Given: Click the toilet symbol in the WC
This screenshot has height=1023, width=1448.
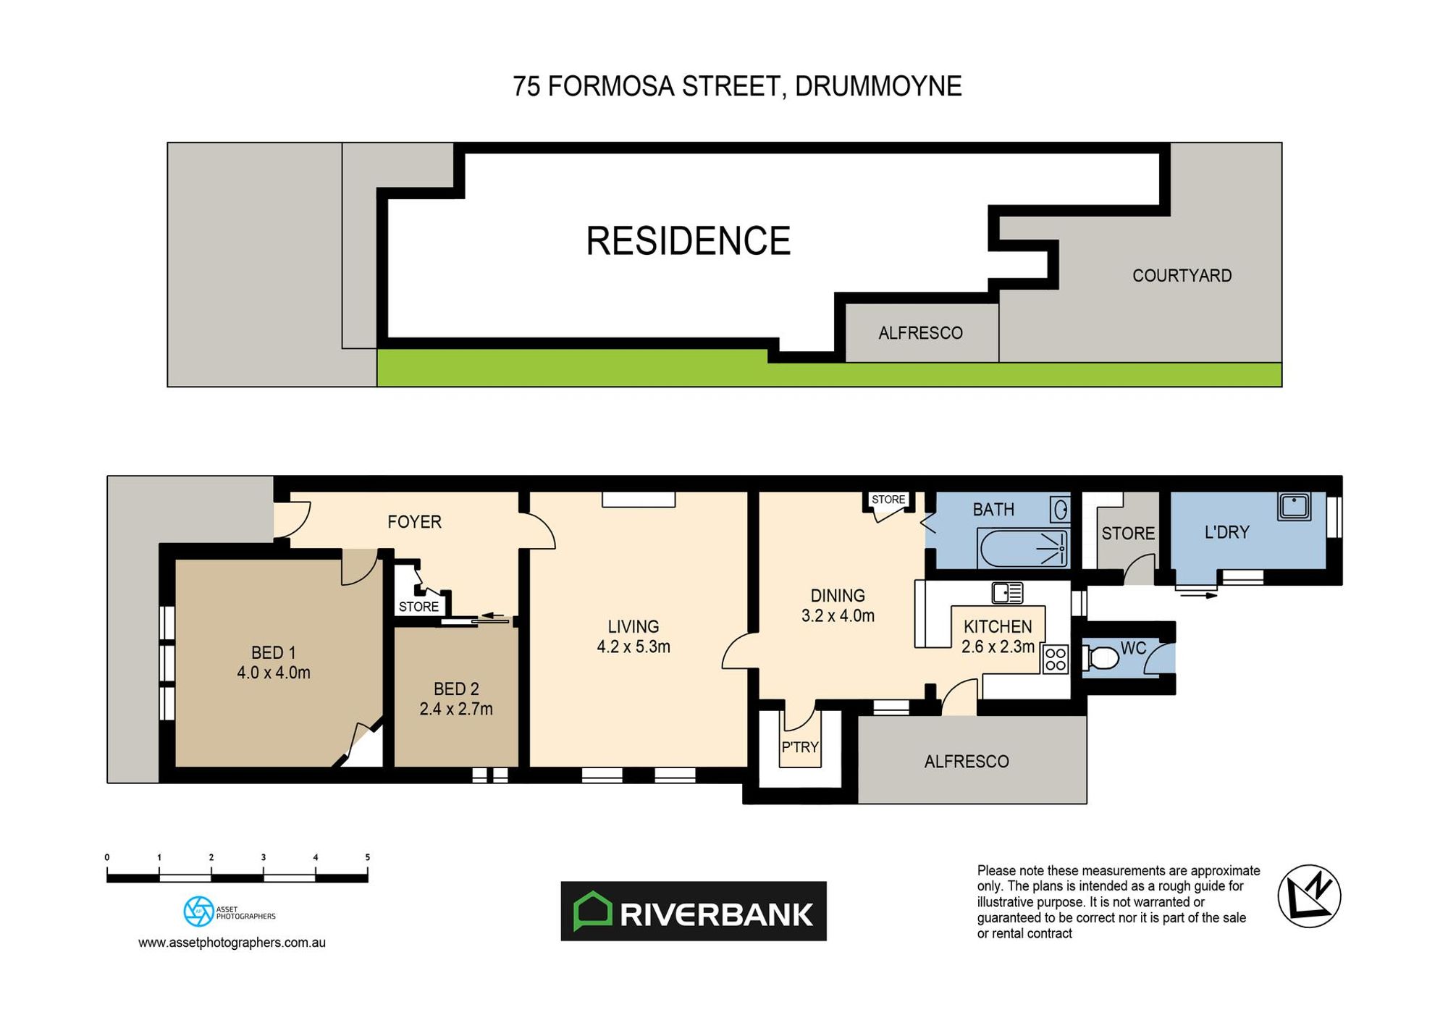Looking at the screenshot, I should pos(1101,658).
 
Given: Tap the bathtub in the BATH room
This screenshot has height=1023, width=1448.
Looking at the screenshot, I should pos(1022,549).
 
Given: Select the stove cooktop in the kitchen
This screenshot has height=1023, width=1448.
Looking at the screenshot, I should pos(1056,660).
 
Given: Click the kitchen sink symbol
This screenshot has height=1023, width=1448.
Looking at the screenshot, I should pos(1007,593).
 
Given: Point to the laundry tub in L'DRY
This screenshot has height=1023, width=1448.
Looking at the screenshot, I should pos(1294,505).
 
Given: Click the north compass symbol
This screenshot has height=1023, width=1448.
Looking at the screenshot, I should pos(1309,896).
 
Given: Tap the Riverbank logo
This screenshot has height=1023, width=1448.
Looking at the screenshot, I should pos(693,912).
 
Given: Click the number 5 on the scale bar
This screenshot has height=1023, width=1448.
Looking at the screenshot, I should pos(367,857).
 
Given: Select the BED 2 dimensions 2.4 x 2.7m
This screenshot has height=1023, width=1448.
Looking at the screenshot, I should pos(456,709).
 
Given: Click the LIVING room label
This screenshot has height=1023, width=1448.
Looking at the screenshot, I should pos(633,626).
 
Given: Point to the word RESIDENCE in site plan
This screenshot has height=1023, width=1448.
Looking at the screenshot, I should pos(688,241).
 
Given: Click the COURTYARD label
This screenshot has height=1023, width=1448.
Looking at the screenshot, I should pos(1182,276).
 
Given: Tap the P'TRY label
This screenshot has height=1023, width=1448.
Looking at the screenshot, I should pos(799,746).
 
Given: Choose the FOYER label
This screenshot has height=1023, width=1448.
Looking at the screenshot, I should pos(414,522).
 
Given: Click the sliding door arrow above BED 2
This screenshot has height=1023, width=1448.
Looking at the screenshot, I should pos(494,617).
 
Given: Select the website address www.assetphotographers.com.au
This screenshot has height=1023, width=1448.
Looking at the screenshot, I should pos(232,943).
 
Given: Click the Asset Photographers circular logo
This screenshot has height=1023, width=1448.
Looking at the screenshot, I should pos(198,912).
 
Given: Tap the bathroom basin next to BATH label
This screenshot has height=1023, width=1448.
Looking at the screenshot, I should pos(1060,510).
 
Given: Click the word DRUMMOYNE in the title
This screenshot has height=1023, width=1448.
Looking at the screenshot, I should pos(878,86).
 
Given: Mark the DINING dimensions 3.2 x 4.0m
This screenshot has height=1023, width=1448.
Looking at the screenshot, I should pos(838,615).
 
